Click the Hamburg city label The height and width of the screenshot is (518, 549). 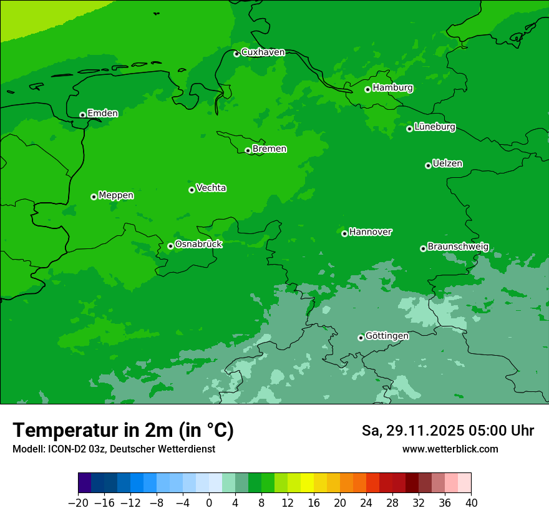392,88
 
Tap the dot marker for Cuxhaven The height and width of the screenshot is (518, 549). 236,54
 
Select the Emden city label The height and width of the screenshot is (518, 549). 102,113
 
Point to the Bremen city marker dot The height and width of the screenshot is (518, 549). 248,150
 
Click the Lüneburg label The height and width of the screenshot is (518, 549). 434,127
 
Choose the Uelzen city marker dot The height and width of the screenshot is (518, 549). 428,165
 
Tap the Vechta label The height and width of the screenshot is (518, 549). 211,188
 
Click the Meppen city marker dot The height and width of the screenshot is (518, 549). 94,197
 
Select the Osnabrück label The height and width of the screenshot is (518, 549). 198,244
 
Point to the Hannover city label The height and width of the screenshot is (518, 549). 370,232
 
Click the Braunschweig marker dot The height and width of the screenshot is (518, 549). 423,248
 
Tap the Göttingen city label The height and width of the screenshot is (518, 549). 387,336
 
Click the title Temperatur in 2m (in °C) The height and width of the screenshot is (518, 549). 123,431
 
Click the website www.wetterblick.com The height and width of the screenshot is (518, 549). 450,449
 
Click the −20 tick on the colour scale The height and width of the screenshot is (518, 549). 78,503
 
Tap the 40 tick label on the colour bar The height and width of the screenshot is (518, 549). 471,503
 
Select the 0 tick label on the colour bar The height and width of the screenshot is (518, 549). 209,503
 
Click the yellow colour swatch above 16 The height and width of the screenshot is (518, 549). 307,483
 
